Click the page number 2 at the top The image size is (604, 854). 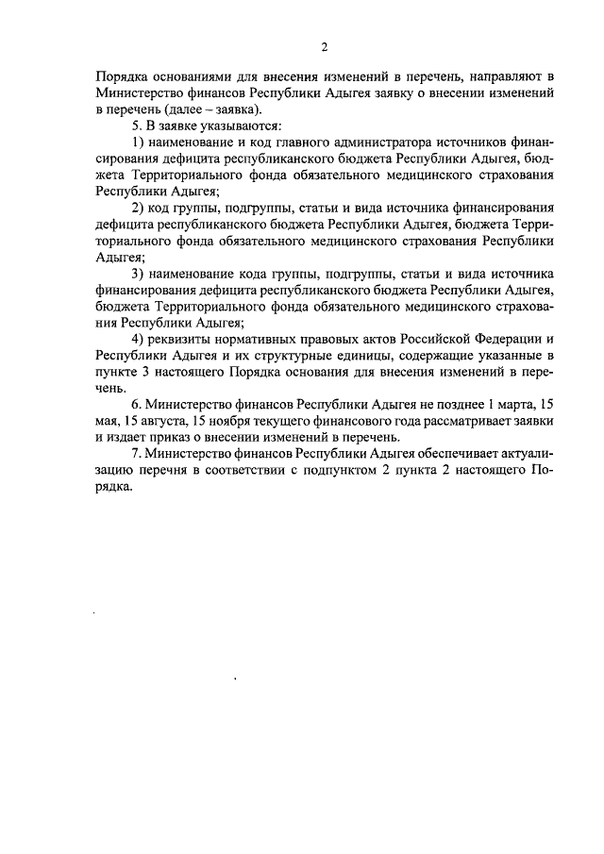click(x=324, y=47)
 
